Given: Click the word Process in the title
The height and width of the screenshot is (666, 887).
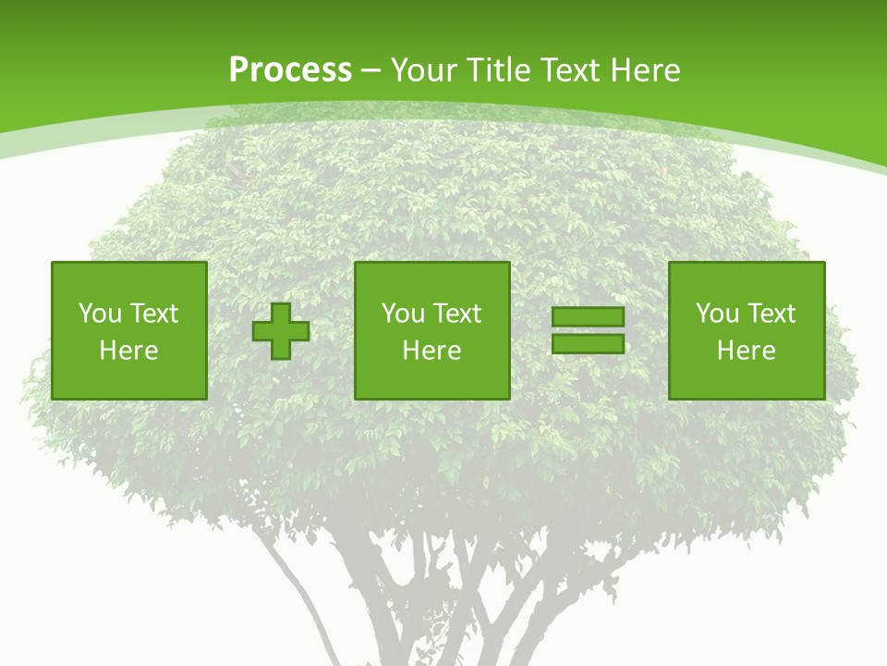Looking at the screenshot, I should pyautogui.click(x=290, y=70).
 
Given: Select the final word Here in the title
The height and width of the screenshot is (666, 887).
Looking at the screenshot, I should pyautogui.click(x=646, y=70).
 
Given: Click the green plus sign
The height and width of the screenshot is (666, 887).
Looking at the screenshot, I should pyautogui.click(x=281, y=331).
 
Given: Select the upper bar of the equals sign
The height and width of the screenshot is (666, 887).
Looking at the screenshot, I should pyautogui.click(x=588, y=317).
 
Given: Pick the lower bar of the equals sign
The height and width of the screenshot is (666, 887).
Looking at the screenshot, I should pyautogui.click(x=588, y=343).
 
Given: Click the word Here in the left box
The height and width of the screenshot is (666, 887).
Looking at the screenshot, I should pyautogui.click(x=128, y=351).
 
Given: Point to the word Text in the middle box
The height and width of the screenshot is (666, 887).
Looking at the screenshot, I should pyautogui.click(x=457, y=314).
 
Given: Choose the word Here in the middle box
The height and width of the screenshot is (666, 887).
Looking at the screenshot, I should pyautogui.click(x=431, y=351).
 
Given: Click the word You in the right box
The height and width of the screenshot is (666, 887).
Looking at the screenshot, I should pyautogui.click(x=717, y=314).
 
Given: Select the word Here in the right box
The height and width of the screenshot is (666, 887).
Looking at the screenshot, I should pyautogui.click(x=746, y=351).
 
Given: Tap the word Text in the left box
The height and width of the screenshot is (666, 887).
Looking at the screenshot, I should pyautogui.click(x=154, y=314).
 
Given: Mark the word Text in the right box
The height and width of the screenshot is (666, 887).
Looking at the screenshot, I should pyautogui.click(x=772, y=314).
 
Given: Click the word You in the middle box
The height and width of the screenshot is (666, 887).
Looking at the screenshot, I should pyautogui.click(x=403, y=314).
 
